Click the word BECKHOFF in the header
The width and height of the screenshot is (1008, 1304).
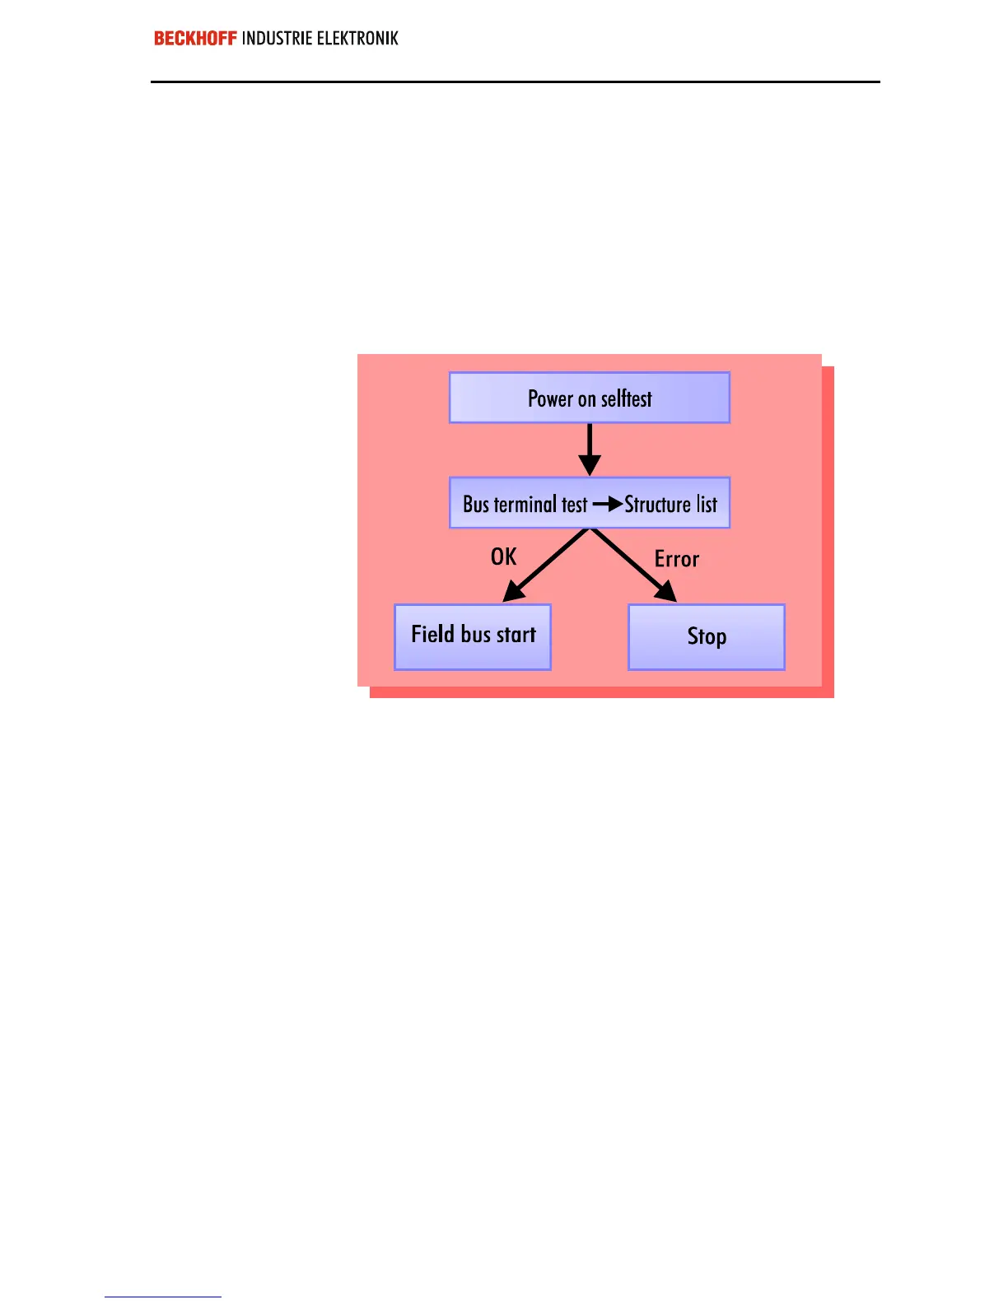pos(195,39)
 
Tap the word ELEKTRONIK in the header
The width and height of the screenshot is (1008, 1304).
pos(357,39)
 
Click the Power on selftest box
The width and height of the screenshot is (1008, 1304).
pos(590,398)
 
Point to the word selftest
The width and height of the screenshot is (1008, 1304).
pos(626,399)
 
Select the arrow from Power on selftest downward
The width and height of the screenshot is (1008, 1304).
pos(590,449)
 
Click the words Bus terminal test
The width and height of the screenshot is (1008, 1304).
pos(525,504)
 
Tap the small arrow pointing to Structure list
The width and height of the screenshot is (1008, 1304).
pos(608,504)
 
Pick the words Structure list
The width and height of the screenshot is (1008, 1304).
pos(671,504)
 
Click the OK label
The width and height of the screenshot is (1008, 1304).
pos(503,557)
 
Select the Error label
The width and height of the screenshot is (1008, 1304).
pos(677,560)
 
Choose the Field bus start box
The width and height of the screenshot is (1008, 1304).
pos(473,636)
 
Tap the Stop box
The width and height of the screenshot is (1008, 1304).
pos(707,636)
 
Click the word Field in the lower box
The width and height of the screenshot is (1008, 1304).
pos(433,634)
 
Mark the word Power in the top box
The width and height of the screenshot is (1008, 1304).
pos(550,399)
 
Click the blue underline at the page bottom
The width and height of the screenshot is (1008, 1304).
pos(163,1297)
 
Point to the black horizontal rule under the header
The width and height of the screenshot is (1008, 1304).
pos(516,81)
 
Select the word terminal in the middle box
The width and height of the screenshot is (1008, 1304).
pos(525,504)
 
